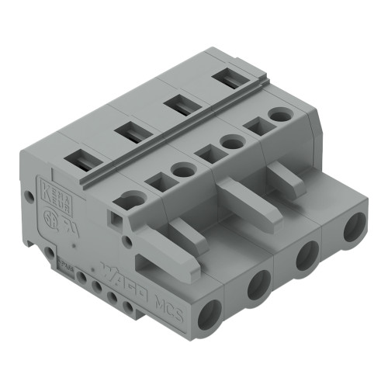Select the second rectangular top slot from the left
tap(127, 133)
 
